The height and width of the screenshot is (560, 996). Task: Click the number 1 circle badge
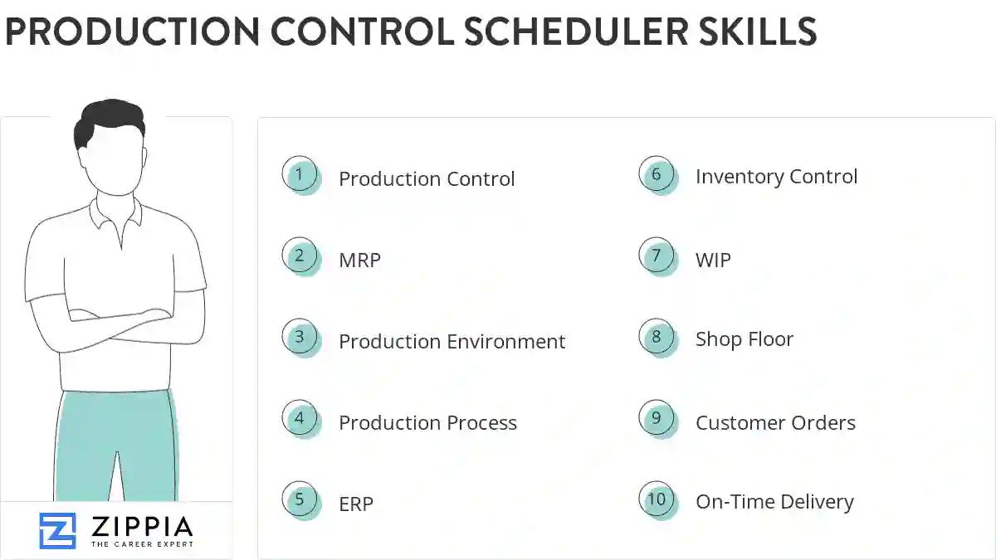300,175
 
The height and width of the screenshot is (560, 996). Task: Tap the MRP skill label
359,260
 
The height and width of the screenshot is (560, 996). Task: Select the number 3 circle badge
300,338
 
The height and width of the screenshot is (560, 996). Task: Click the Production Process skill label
427,423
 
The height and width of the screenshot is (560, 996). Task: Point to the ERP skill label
356,504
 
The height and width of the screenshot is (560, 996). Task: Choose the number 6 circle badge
657,174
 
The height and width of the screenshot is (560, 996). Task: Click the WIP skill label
713,260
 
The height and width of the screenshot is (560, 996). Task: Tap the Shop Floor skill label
744,339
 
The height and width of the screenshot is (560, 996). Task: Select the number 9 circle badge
657,418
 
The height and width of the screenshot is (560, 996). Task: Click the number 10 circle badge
657,499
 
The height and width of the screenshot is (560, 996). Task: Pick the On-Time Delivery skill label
774,502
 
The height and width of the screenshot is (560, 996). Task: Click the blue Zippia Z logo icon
57,531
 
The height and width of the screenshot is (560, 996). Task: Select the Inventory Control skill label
776,177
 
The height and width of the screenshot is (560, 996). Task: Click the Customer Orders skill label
775,423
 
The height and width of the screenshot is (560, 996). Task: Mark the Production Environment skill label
452,342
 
